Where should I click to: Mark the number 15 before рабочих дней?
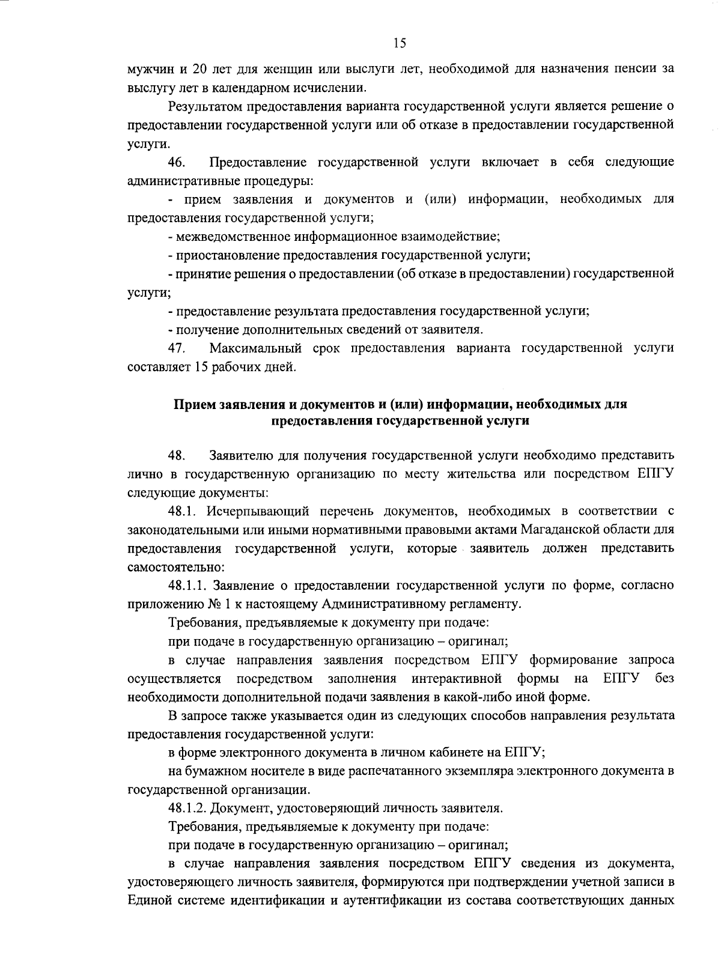201,367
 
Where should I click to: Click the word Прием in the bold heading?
191,404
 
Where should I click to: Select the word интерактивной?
457,679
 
